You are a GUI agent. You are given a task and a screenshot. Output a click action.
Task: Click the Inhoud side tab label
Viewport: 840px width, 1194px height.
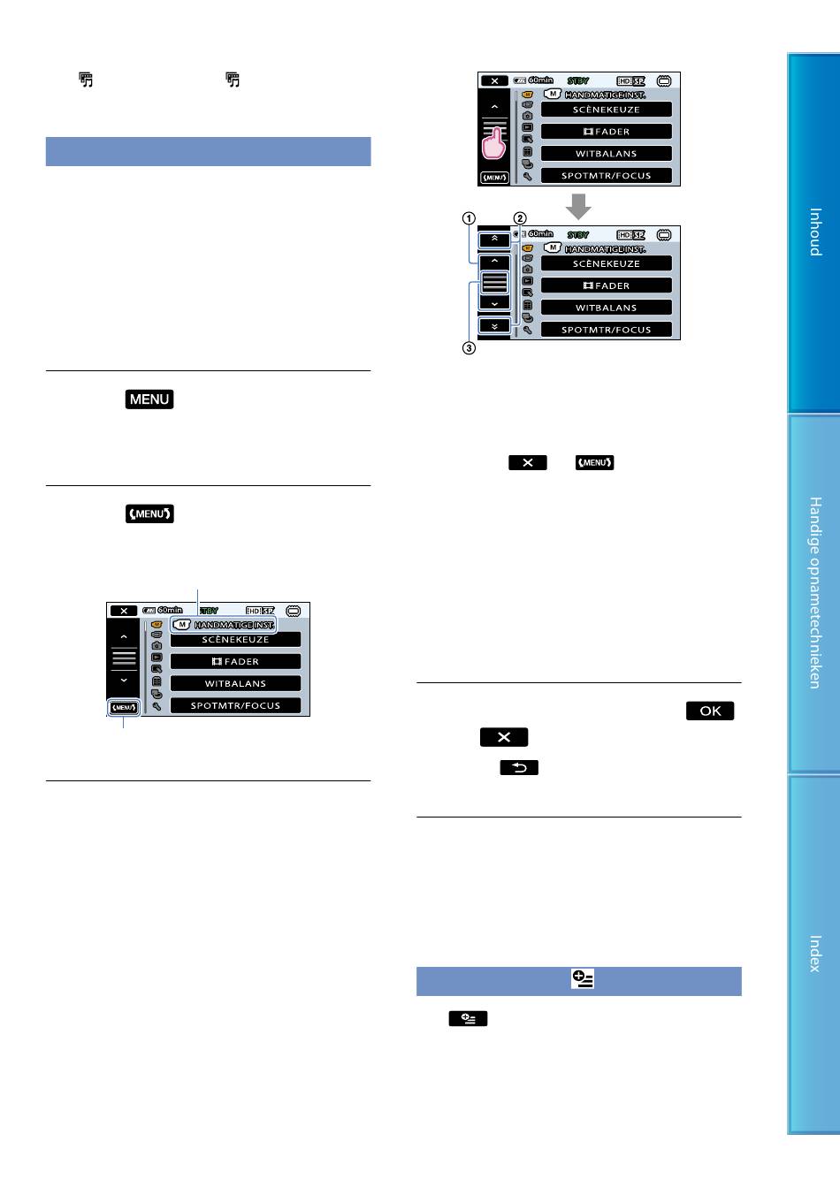(815, 232)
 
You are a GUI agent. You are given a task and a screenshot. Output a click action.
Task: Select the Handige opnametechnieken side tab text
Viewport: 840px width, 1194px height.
(815, 592)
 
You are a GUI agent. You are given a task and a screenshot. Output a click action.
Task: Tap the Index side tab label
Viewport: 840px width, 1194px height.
(815, 953)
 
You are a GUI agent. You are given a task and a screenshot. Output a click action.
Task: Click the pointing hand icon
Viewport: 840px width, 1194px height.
(494, 141)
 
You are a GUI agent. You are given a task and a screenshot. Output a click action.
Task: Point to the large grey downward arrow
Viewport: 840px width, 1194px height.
(578, 207)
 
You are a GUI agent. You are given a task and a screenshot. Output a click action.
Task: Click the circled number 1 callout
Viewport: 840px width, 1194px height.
(469, 218)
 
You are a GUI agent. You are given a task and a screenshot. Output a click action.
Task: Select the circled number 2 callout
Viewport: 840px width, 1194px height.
(520, 218)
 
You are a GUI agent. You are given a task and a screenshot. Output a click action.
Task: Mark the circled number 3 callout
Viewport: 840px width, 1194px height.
(469, 348)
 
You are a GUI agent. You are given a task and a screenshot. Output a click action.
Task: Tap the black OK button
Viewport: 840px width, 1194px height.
(710, 711)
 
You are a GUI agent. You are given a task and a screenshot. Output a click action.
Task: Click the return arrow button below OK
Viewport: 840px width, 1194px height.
(519, 767)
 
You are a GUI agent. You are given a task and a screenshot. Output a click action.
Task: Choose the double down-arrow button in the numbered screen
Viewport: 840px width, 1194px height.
(494, 326)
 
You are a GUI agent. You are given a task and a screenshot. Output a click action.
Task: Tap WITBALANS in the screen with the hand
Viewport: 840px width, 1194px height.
(607, 154)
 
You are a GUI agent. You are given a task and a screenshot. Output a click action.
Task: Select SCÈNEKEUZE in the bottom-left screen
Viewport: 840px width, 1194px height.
(235, 639)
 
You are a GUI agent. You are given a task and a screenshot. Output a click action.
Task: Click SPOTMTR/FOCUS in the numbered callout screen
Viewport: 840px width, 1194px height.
(607, 330)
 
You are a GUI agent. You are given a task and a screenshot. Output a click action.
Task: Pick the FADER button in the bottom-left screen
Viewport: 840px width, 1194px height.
(235, 661)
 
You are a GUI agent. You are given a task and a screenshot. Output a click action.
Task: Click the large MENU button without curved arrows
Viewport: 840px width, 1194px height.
(149, 399)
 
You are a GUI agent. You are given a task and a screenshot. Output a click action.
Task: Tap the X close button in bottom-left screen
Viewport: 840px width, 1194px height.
(124, 611)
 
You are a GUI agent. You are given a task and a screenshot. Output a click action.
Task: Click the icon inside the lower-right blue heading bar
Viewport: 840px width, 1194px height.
(582, 979)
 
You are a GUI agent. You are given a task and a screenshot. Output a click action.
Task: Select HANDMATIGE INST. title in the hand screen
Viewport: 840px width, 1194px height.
(605, 95)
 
